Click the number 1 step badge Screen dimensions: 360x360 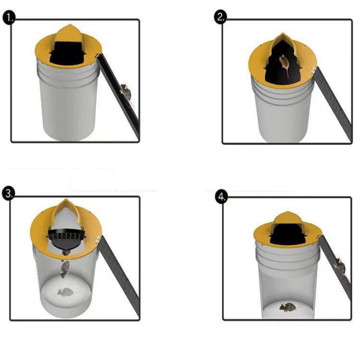(x=9, y=18)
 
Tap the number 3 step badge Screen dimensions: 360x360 (x=9, y=193)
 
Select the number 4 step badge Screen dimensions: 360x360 (x=221, y=197)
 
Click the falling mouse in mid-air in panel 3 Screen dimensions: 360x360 (x=65, y=269)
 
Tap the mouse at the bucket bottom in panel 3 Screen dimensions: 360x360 (x=65, y=292)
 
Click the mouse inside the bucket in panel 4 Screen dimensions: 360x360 (x=288, y=307)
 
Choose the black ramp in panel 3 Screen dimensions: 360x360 (x=119, y=275)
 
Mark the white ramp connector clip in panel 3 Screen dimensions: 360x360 (x=98, y=239)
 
